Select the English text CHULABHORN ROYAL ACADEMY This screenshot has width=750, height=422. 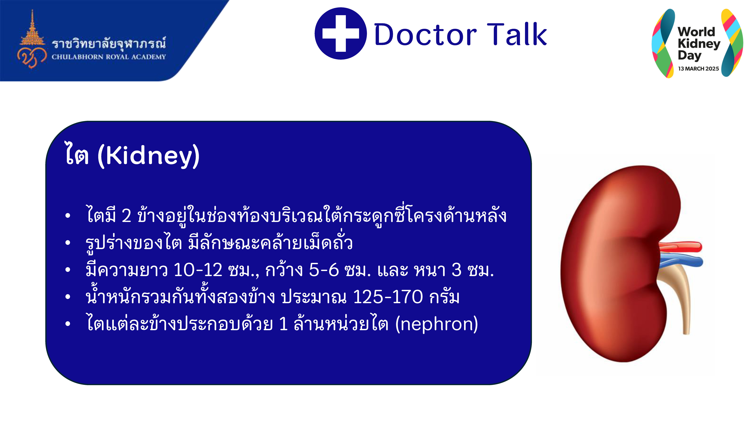click(109, 57)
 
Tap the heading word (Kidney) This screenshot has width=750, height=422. click(148, 156)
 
